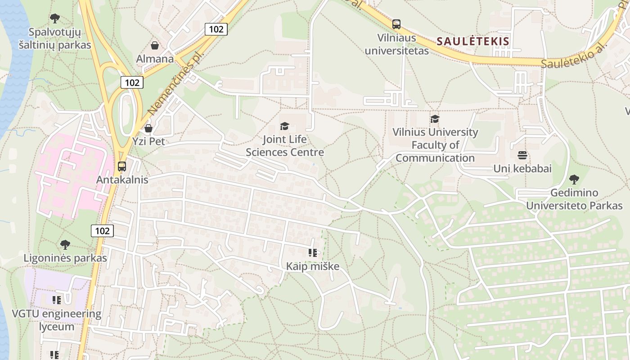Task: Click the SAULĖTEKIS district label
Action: (473, 41)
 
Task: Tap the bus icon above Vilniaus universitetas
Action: (396, 24)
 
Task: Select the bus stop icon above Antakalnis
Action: (121, 166)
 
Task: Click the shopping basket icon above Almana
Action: (155, 45)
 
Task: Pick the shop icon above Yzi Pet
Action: (148, 129)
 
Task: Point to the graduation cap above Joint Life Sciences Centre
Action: (284, 126)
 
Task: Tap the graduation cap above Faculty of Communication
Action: (435, 119)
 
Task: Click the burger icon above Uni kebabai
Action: (522, 156)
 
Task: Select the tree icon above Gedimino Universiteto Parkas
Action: (574, 180)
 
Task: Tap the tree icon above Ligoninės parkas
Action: (65, 245)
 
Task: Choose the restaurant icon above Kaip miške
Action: (313, 253)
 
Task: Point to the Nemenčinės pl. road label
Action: (175, 84)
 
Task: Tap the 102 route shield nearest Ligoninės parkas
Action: (102, 231)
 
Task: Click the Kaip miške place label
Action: (313, 266)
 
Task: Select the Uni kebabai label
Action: (522, 169)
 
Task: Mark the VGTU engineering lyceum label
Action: (57, 320)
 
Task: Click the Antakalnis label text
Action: (122, 180)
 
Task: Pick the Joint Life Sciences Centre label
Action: (285, 146)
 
